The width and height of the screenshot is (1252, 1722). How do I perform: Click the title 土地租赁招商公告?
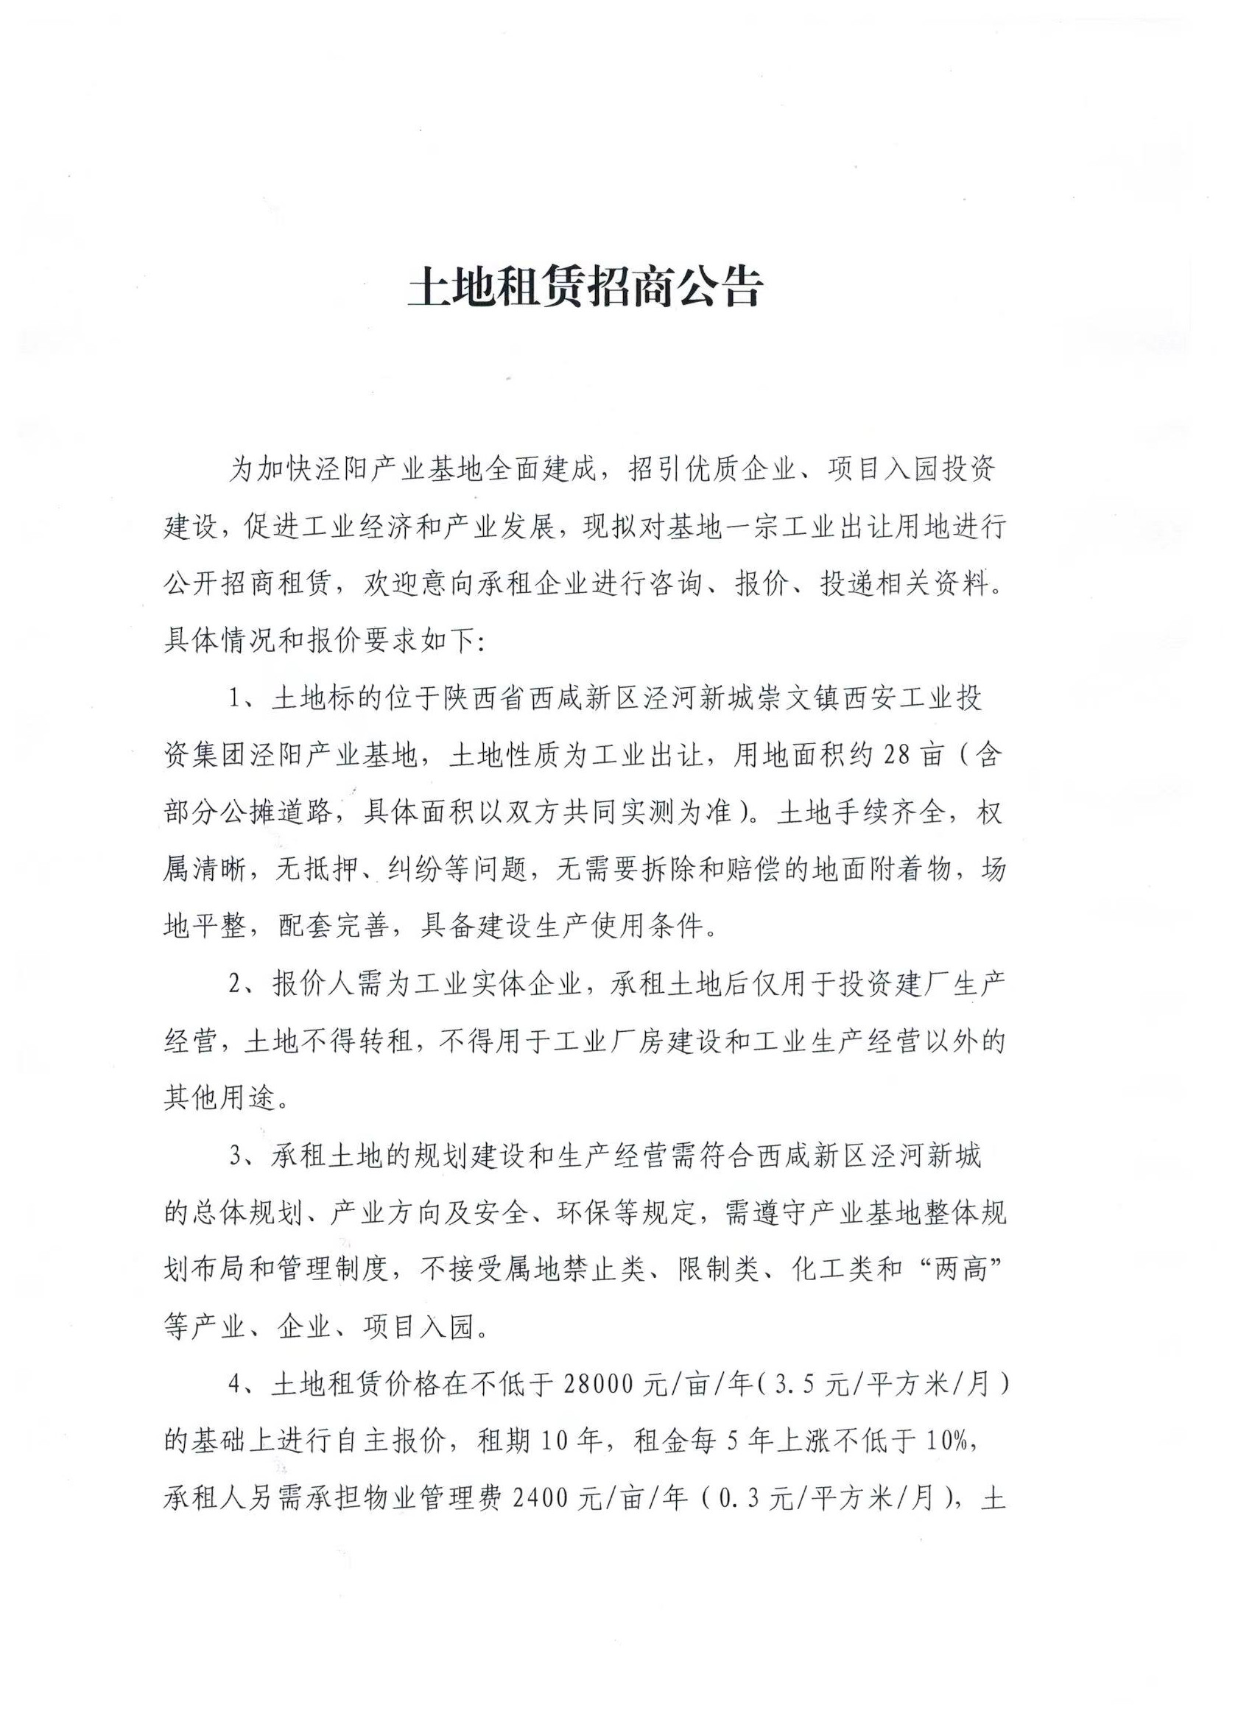tap(584, 287)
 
